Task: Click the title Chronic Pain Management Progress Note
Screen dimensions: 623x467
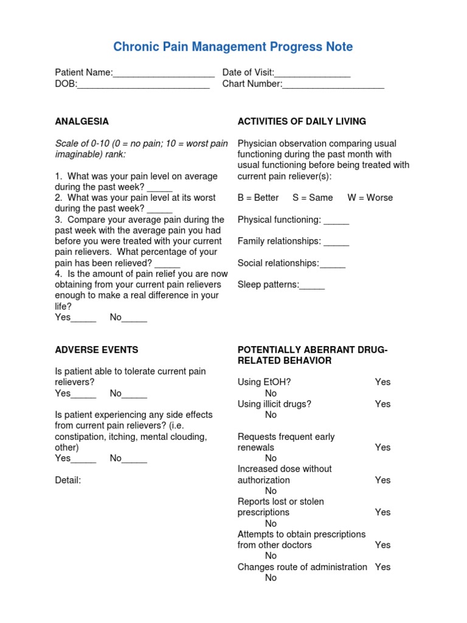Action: pyautogui.click(x=233, y=47)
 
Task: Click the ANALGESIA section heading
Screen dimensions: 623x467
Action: pyautogui.click(x=82, y=121)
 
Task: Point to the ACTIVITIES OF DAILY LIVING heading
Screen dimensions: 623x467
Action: pyautogui.click(x=302, y=121)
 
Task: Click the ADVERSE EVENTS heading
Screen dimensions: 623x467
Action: pyautogui.click(x=97, y=350)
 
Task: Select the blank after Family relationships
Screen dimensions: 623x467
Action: pyautogui.click(x=336, y=242)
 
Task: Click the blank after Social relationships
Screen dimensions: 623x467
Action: pyautogui.click(x=333, y=264)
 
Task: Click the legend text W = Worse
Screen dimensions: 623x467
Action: pyautogui.click(x=370, y=198)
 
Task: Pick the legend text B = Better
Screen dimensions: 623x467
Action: pyautogui.click(x=258, y=198)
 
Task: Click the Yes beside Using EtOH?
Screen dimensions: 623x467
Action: pyautogui.click(x=382, y=382)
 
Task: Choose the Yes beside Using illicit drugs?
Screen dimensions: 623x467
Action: pyautogui.click(x=382, y=404)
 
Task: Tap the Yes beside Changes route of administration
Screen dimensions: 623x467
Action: pyautogui.click(x=382, y=567)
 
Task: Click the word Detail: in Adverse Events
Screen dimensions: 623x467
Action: pyautogui.click(x=67, y=480)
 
